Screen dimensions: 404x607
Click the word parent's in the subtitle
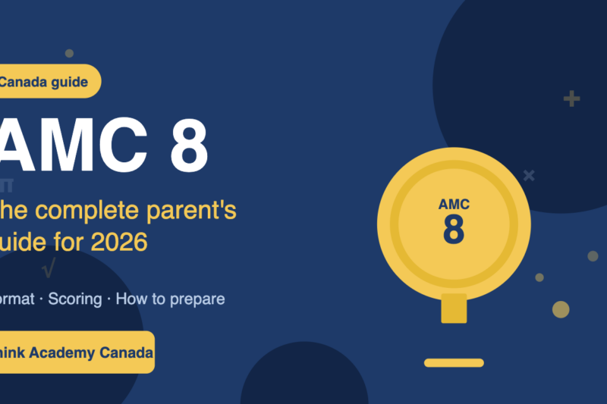pos(198,211)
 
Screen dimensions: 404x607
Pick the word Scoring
pos(75,299)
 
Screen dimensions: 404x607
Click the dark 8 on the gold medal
pos(454,229)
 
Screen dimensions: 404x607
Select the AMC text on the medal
pos(454,205)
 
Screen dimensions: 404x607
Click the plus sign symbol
pos(571,99)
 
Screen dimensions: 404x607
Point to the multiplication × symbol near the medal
pos(529,175)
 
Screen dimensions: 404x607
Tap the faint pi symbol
pos(7,184)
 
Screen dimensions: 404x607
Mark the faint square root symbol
pos(49,268)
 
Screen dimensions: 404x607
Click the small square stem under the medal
pos(454,308)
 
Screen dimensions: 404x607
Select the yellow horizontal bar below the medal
pos(454,362)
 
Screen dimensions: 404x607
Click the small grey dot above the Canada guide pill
pos(69,53)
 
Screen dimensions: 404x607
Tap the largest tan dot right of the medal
pos(561,309)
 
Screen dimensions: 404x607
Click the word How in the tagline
pos(130,299)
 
